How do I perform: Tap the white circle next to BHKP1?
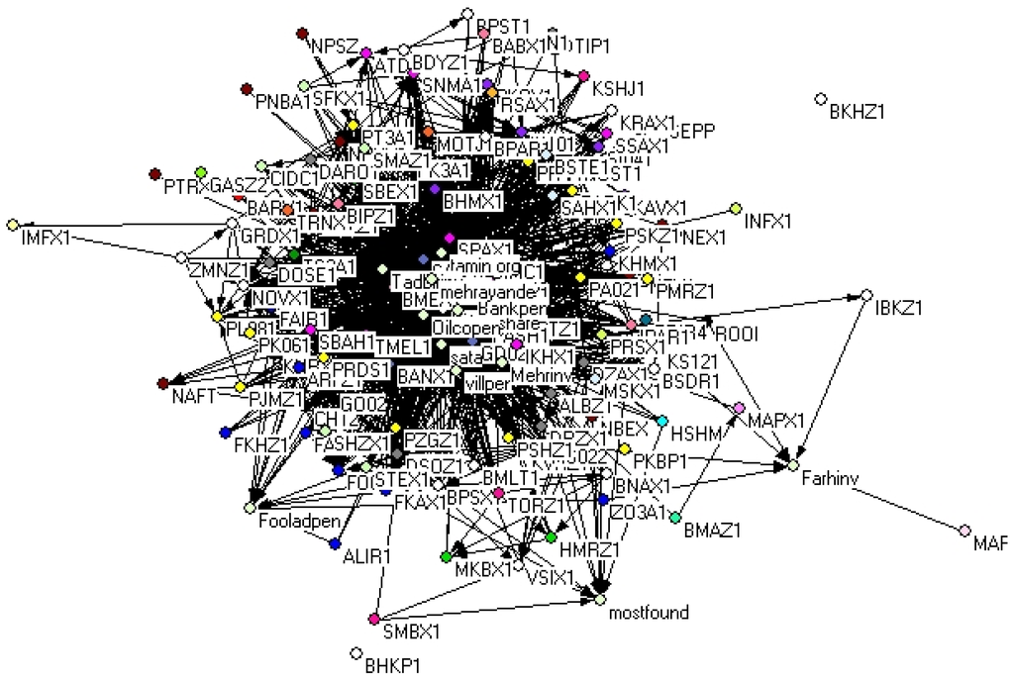coord(355,652)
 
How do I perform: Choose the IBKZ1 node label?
coord(899,308)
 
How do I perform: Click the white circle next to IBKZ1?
coord(865,295)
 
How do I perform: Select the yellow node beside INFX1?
coord(735,207)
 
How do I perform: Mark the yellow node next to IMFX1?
coord(13,225)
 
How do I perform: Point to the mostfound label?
coord(649,614)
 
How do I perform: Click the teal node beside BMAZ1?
coord(675,517)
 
